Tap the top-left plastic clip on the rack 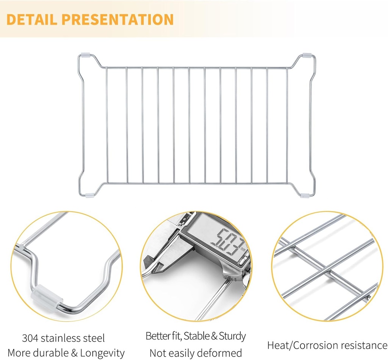click(x=85, y=55)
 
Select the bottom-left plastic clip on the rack click(x=89, y=195)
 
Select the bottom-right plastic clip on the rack click(x=305, y=196)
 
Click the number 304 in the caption click(x=30, y=338)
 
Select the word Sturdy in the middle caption click(x=232, y=336)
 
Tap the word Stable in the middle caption click(x=196, y=336)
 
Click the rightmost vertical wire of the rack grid click(x=287, y=125)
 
